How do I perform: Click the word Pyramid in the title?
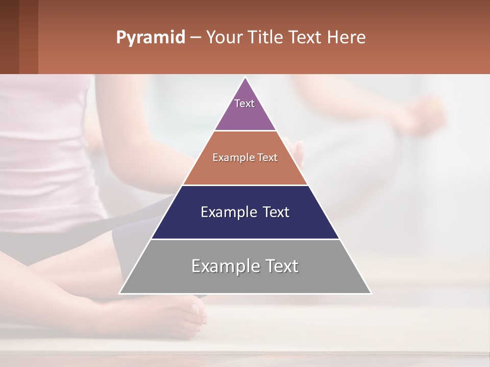click(x=151, y=38)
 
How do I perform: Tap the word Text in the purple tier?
click(x=244, y=103)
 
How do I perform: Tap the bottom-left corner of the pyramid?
click(x=120, y=293)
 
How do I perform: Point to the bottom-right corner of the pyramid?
click(x=370, y=293)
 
